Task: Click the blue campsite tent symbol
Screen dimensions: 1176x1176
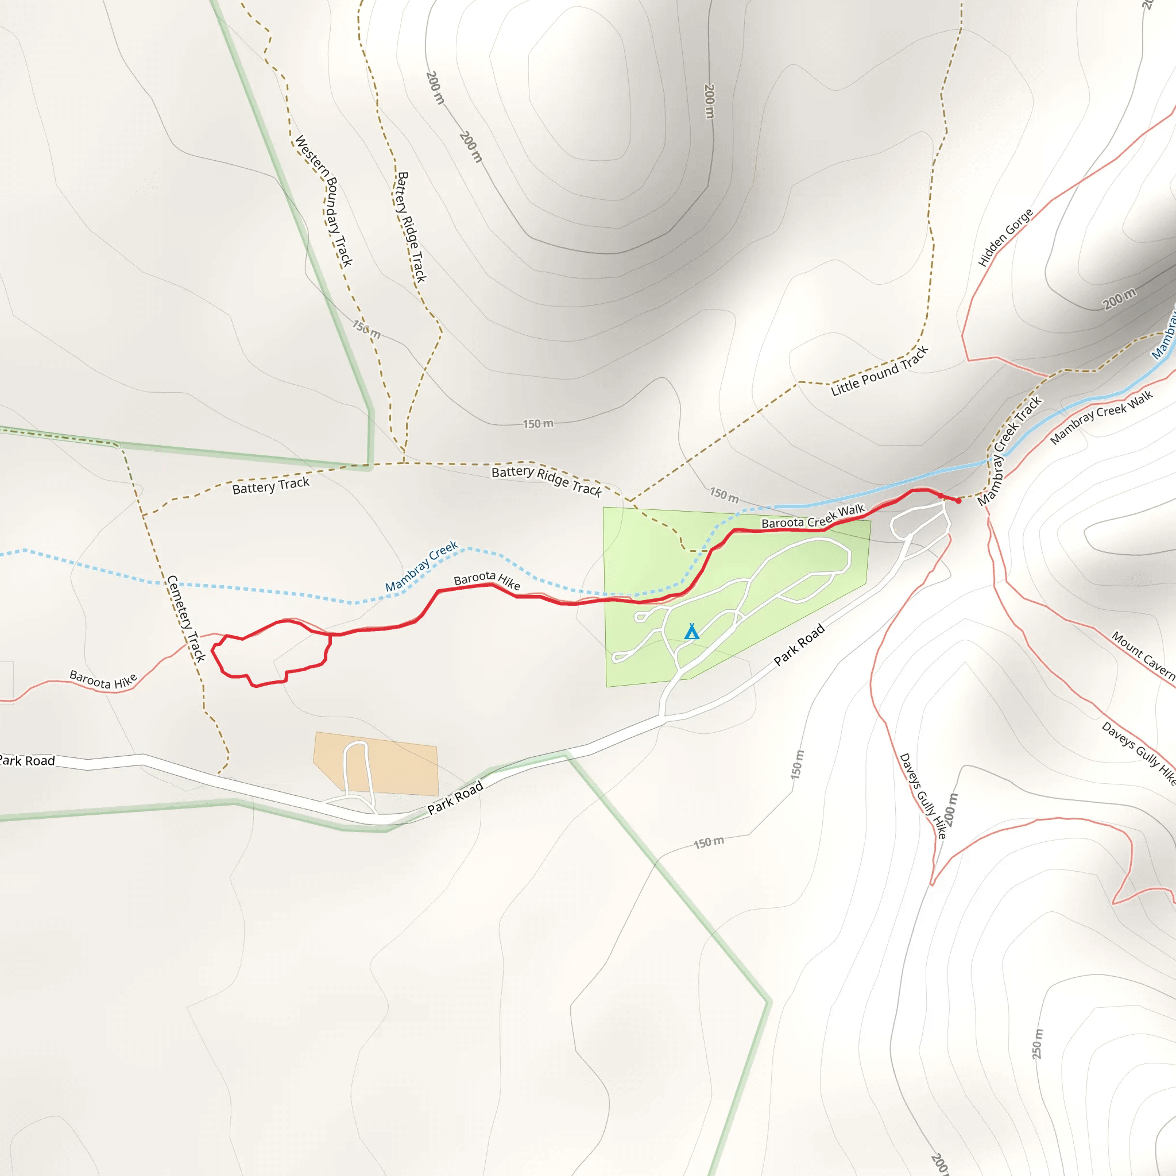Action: pyautogui.click(x=691, y=632)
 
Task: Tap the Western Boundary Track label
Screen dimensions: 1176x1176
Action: pyautogui.click(x=324, y=201)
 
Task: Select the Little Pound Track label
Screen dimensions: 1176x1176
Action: pyautogui.click(x=880, y=372)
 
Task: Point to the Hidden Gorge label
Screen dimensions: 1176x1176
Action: pyautogui.click(x=1005, y=238)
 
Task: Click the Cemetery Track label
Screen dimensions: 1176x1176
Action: pyautogui.click(x=185, y=618)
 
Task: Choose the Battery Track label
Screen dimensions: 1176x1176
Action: pyautogui.click(x=271, y=486)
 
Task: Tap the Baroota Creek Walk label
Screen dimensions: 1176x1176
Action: pyautogui.click(x=813, y=517)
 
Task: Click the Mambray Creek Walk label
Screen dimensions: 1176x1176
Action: pyautogui.click(x=1102, y=417)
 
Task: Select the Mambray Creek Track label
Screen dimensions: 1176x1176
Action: pyautogui.click(x=1010, y=451)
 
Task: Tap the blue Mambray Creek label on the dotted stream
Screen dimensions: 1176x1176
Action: pyautogui.click(x=421, y=566)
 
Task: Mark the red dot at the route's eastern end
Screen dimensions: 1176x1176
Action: pyautogui.click(x=959, y=501)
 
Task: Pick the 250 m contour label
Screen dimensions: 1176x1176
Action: pyautogui.click(x=1038, y=1044)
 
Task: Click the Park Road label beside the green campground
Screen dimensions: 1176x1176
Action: pyautogui.click(x=799, y=645)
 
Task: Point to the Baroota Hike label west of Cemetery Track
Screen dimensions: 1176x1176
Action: pyautogui.click(x=103, y=679)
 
